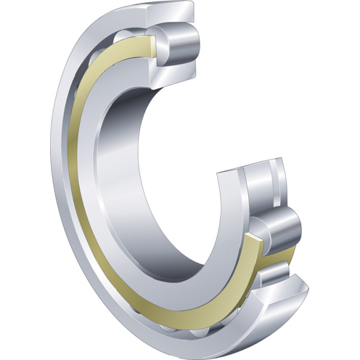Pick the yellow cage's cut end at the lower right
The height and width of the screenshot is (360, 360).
pos(254,250)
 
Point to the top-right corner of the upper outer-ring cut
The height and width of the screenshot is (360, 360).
pos(195,6)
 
